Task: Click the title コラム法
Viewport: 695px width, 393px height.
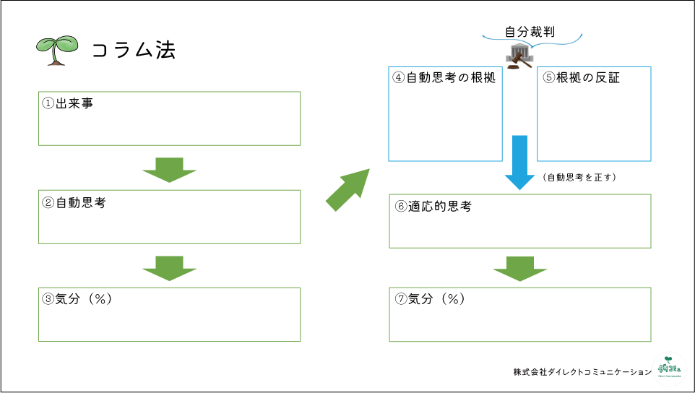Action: (134, 50)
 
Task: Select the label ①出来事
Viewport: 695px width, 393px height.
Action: (68, 103)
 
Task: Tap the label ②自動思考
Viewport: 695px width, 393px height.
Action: (74, 203)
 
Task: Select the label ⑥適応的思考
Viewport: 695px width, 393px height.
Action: (433, 206)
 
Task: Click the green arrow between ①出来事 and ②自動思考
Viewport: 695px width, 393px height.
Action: (170, 170)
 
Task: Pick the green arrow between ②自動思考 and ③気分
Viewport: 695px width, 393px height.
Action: (170, 267)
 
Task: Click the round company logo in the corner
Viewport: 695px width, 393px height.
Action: (669, 366)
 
